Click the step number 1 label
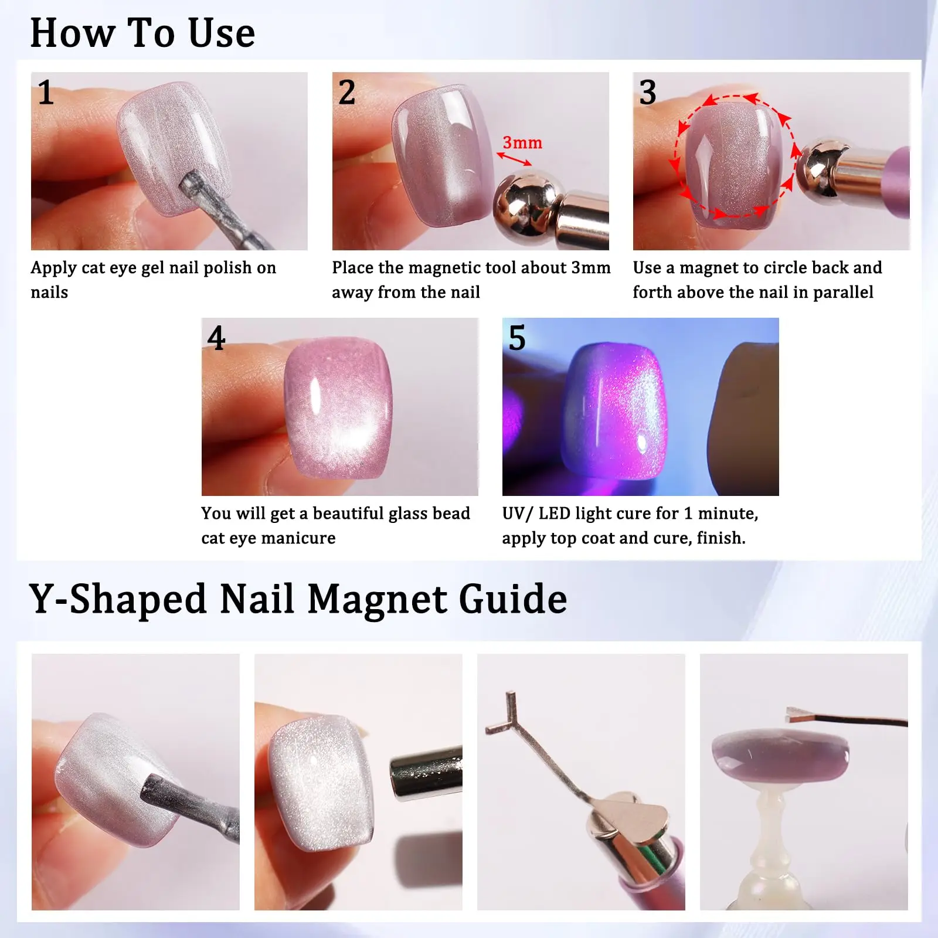46,93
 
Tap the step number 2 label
346,93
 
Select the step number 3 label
647,93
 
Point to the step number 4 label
216,338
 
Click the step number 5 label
516,338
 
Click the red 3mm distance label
522,142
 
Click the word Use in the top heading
222,33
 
